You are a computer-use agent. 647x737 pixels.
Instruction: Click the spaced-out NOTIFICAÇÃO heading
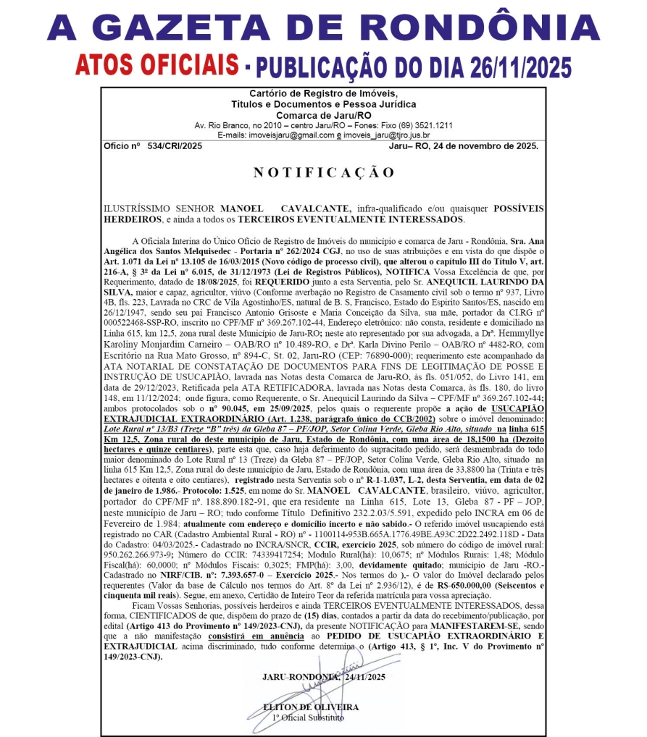323,172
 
